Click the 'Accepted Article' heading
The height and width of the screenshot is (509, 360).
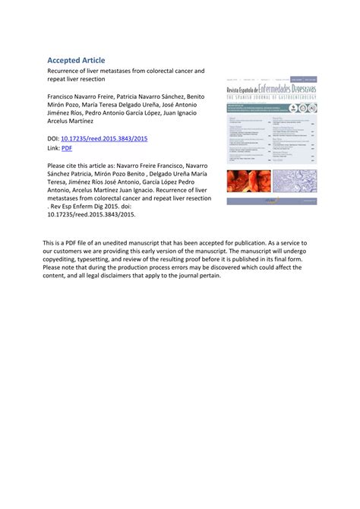pyautogui.click(x=76, y=60)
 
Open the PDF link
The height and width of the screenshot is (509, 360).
pyautogui.click(x=66, y=148)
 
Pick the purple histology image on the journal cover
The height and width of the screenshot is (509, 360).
pyautogui.click(x=295, y=182)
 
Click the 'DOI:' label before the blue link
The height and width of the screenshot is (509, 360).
pyautogui.click(x=53, y=139)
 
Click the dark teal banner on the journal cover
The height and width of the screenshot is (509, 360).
pyautogui.click(x=272, y=109)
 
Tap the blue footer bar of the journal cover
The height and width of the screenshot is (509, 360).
pyautogui.click(x=272, y=201)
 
